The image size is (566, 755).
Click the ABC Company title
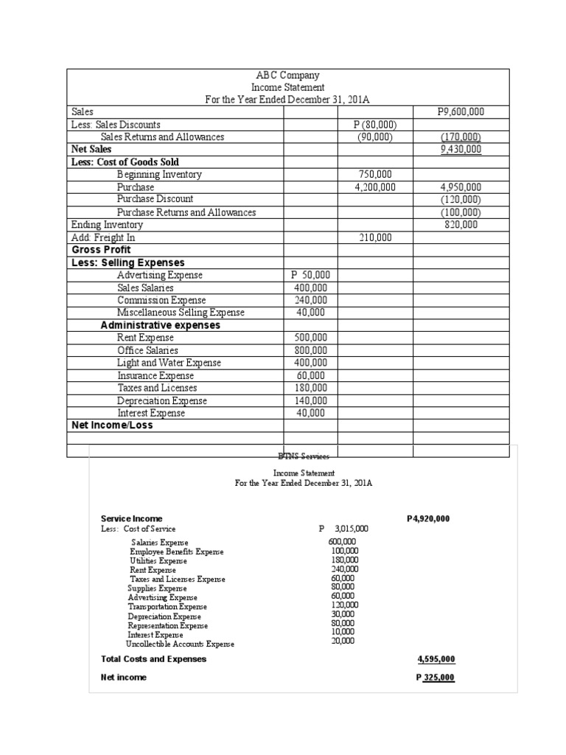coord(277,75)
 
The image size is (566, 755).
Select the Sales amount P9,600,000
coord(460,112)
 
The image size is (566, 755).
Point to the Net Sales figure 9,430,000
coord(460,149)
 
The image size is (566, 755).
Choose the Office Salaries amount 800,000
coord(310,350)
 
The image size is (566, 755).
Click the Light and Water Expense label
coord(169,363)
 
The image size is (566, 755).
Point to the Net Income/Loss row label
coord(112,425)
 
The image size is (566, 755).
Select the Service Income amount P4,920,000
coord(428,518)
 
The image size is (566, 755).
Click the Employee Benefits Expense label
coord(177,552)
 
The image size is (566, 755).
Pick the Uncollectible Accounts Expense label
coord(180,644)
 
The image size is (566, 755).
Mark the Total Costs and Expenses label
coord(153,658)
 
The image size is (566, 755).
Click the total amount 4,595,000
coord(436,658)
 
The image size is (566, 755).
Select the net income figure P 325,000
coord(435,678)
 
